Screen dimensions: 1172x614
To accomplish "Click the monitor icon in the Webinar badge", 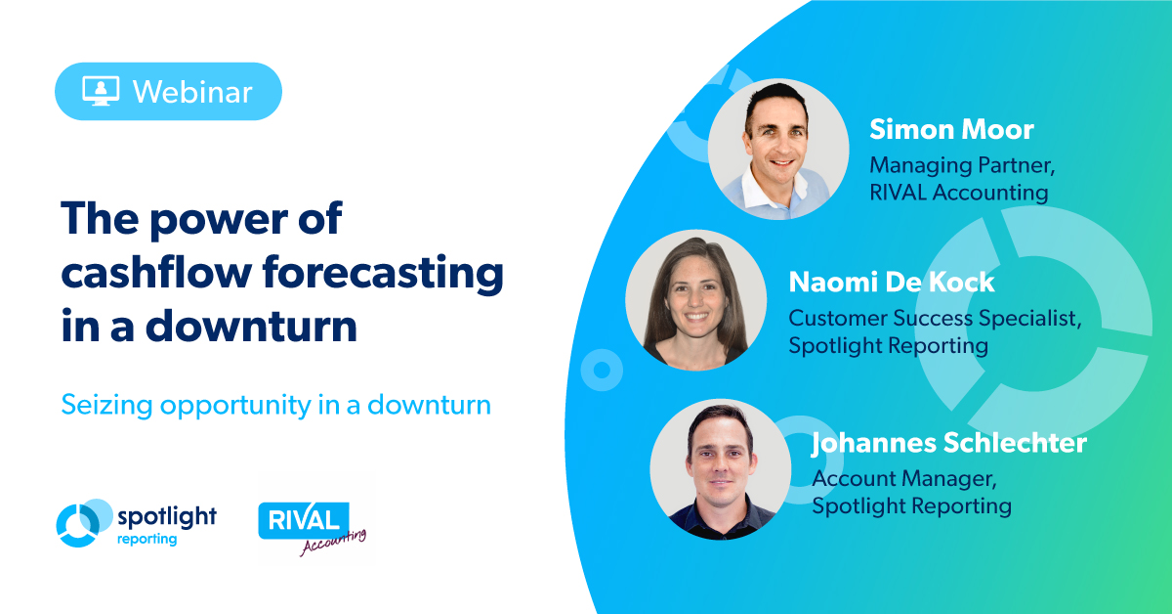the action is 101,91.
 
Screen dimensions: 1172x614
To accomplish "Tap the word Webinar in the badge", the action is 192,92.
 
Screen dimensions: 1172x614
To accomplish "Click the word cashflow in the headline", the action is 156,272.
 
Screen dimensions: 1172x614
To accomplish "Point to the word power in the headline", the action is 219,220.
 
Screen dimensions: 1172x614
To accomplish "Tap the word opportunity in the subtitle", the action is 235,406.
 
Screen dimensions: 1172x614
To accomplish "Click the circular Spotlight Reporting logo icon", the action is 84,523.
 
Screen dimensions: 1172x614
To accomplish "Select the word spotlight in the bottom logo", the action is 167,517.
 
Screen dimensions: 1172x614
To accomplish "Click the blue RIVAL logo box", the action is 304,520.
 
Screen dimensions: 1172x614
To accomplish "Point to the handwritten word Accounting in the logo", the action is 333,543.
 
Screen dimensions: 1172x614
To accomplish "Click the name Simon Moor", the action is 951,129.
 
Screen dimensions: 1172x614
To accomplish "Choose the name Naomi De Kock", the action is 892,282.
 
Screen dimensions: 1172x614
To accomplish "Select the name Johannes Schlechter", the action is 949,443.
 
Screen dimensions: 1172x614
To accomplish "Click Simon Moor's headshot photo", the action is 778,150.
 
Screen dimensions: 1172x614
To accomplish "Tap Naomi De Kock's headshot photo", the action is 696,300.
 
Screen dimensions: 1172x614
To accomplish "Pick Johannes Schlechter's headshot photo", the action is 721,469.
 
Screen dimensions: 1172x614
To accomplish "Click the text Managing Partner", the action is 962,165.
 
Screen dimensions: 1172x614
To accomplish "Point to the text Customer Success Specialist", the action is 935,318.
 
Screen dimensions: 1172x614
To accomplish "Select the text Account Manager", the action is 904,478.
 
